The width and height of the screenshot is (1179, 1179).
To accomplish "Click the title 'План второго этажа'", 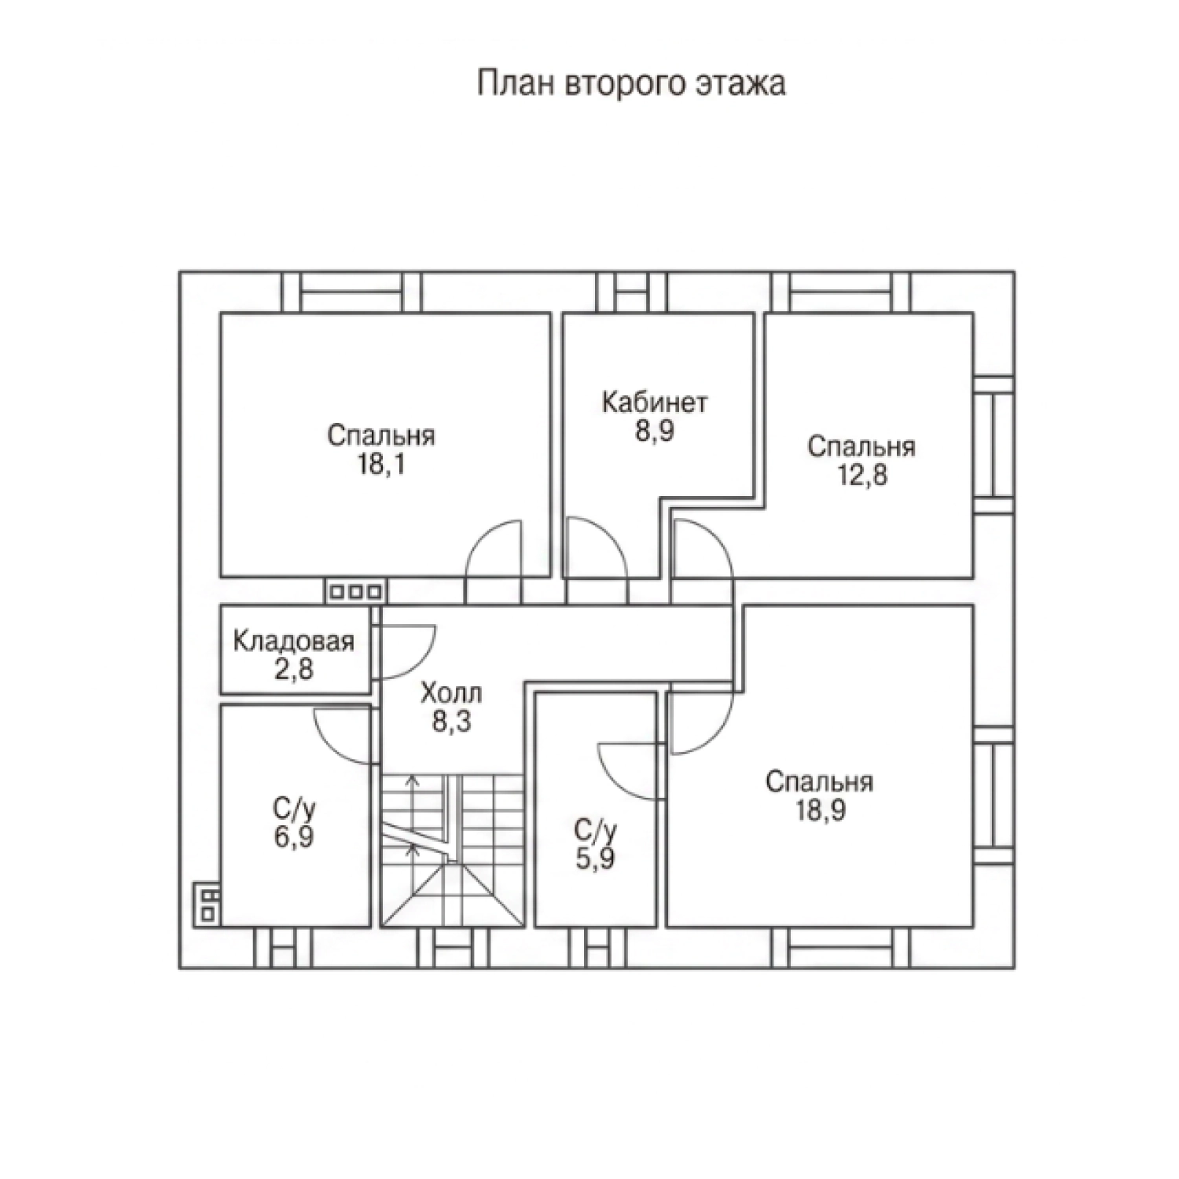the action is (631, 83).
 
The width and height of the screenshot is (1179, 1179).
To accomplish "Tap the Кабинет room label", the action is (655, 402).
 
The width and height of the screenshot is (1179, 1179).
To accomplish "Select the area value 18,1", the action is (381, 465).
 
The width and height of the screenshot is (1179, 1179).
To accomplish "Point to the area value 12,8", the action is (861, 475).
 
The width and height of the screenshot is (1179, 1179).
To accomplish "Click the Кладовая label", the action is (294, 641).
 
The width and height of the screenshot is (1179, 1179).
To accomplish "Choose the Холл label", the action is (451, 692).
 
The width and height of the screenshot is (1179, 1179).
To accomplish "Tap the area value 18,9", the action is (820, 810).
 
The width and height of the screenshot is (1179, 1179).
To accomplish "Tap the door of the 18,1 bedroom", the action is (494, 550).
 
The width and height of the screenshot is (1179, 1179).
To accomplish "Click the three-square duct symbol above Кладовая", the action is (355, 591).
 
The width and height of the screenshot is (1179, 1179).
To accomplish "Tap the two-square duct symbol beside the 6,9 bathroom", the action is (207, 904).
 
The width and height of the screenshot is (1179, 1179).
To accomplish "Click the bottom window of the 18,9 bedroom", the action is (842, 947).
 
